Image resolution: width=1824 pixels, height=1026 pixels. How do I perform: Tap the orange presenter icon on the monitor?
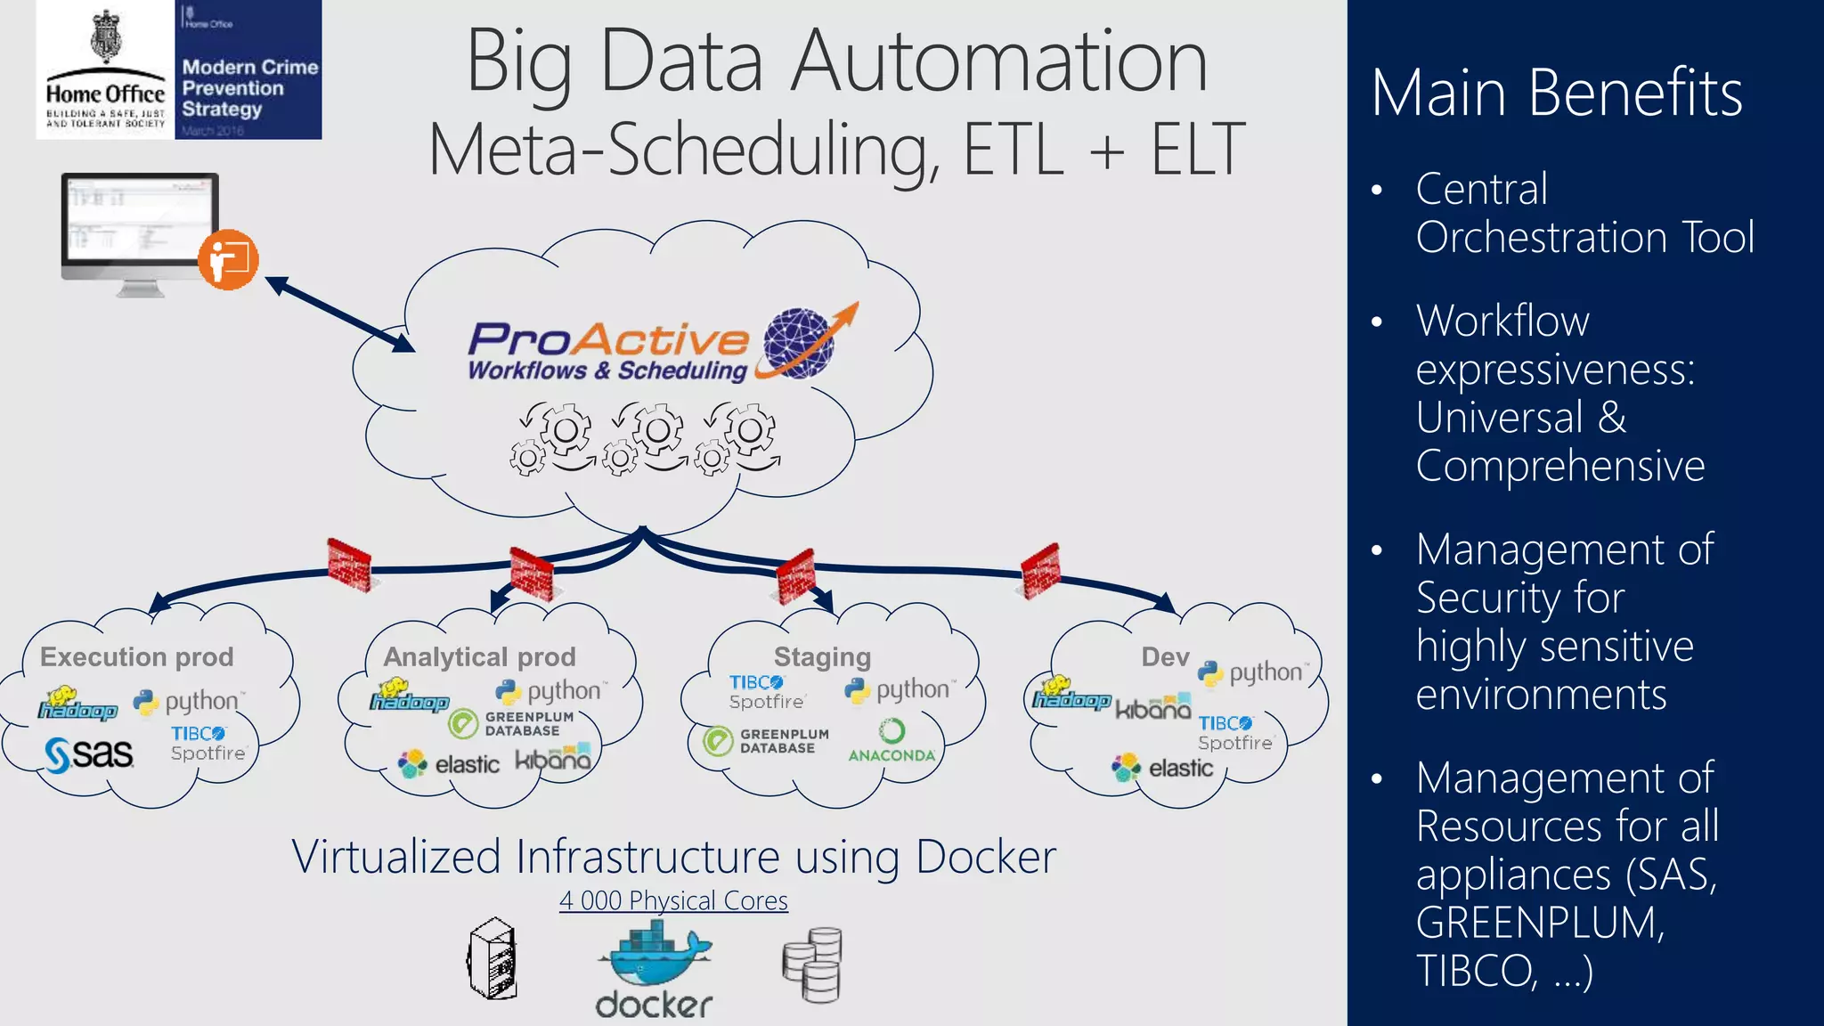(x=228, y=259)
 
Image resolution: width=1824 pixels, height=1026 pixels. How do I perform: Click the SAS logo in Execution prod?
(x=89, y=754)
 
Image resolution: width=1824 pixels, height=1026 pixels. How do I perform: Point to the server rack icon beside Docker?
(x=493, y=959)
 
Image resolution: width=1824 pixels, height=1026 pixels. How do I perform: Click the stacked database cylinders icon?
(x=812, y=965)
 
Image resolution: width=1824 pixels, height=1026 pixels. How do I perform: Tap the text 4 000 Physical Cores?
(x=673, y=900)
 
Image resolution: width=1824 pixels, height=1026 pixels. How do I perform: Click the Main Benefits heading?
(x=1556, y=93)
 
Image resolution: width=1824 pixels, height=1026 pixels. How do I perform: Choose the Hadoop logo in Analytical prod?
(x=409, y=696)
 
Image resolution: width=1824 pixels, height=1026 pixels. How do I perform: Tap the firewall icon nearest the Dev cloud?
(x=1040, y=570)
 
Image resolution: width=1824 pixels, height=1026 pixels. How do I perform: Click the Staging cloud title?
(x=822, y=656)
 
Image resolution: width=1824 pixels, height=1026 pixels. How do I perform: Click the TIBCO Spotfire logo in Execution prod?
(x=208, y=743)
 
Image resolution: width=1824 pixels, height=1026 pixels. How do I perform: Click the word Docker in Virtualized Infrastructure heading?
(x=985, y=857)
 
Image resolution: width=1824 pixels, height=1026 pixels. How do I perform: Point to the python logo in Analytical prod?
(x=550, y=691)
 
